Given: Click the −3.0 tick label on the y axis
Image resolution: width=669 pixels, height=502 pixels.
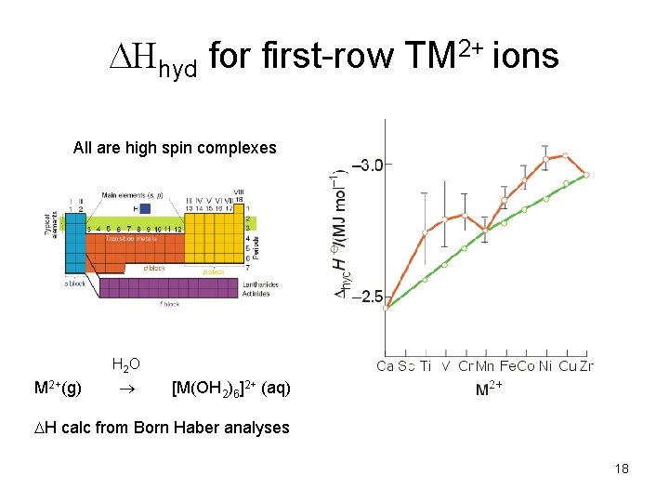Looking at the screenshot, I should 364,165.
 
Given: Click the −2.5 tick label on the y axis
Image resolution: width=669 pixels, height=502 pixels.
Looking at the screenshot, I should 364,297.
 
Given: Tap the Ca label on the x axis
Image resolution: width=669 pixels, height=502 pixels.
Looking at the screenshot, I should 386,366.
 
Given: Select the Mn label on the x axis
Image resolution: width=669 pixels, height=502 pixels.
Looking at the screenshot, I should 485,366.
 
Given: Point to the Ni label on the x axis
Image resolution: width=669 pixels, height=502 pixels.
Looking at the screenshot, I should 546,366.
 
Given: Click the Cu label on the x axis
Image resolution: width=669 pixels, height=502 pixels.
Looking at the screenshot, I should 567,366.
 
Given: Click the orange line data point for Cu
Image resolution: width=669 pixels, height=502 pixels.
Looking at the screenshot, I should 566,155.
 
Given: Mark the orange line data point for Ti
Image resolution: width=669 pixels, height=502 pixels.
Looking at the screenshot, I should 425,232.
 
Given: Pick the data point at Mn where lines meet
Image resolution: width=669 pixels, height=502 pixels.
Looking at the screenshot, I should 485,229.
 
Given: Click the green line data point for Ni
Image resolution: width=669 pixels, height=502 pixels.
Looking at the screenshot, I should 546,198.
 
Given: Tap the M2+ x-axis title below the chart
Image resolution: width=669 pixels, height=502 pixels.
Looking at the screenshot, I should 489,390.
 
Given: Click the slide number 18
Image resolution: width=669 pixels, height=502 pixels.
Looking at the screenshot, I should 622,469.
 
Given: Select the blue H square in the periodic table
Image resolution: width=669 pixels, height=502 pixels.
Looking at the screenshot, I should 144,209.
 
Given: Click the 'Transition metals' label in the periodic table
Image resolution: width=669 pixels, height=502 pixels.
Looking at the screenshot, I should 130,238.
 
